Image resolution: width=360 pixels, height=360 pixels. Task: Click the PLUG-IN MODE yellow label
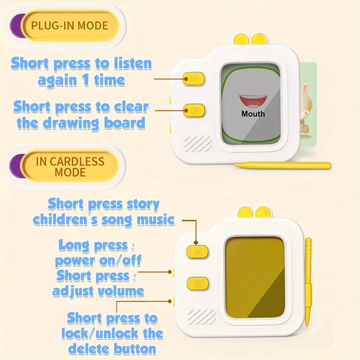(x=70, y=26)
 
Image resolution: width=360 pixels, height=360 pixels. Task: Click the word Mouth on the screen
(x=253, y=114)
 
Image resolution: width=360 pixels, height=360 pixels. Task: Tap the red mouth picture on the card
(x=253, y=101)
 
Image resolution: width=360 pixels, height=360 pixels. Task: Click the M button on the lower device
(x=198, y=252)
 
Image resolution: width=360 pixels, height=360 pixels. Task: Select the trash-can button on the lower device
(x=198, y=284)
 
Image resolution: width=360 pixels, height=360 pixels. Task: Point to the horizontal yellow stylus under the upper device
(x=282, y=165)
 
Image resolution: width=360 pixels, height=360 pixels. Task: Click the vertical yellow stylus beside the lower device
(x=308, y=282)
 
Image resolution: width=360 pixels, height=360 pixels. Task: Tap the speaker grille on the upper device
(x=198, y=143)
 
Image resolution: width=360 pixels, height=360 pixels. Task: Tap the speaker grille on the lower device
(x=201, y=317)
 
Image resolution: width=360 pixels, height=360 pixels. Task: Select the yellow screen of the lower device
(x=255, y=277)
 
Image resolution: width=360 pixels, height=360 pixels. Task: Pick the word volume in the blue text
(x=121, y=291)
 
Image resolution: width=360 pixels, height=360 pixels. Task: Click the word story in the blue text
(x=143, y=204)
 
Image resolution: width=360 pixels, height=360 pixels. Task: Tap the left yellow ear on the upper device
(x=241, y=39)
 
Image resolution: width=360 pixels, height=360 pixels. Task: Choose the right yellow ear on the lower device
(x=263, y=212)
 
